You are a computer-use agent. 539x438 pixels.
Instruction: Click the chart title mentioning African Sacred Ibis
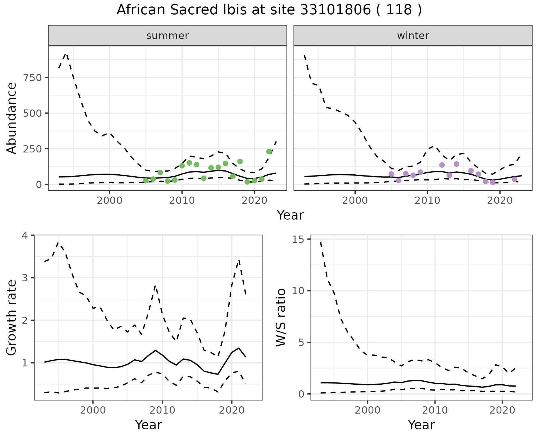[x=269, y=10]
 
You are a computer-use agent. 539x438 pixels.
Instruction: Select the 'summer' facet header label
[x=168, y=36]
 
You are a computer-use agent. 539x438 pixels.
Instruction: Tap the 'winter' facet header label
[x=413, y=36]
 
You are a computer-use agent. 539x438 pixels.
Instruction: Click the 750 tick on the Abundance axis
[x=32, y=77]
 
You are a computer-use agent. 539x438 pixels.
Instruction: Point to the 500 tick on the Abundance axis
[x=32, y=113]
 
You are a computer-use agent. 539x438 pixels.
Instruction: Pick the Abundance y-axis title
[x=12, y=118]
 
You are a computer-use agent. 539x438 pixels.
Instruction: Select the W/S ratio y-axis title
[x=281, y=317]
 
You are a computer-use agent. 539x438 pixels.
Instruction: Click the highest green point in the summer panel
[x=269, y=152]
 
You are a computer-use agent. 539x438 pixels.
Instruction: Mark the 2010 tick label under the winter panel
[x=427, y=200]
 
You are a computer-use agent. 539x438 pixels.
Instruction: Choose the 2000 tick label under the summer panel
[x=109, y=200]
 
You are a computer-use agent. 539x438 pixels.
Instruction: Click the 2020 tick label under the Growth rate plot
[x=232, y=410]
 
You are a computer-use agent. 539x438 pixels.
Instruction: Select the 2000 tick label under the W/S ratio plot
[x=367, y=410]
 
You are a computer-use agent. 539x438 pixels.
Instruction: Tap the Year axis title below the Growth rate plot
[x=149, y=425]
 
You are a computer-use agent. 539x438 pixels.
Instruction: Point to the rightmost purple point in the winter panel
[x=515, y=179]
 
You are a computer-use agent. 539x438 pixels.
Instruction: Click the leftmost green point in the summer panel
[x=146, y=181]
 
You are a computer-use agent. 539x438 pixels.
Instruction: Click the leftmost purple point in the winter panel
[x=391, y=174]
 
